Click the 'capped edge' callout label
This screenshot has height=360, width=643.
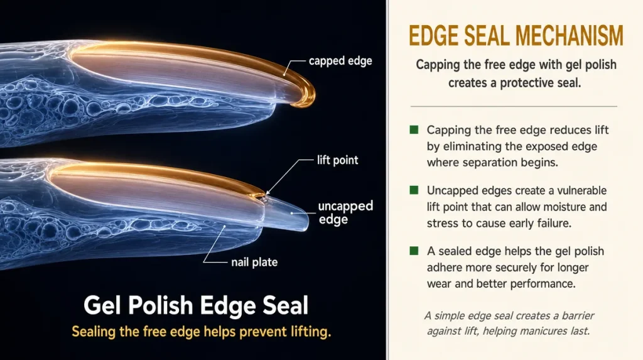click(x=340, y=61)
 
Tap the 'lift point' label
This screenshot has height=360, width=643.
click(x=337, y=160)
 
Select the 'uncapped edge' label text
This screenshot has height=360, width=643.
click(x=346, y=212)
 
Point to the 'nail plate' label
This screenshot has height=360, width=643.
click(x=254, y=262)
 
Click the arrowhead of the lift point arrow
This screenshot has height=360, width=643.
click(x=268, y=192)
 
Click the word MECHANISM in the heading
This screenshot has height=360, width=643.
click(x=569, y=36)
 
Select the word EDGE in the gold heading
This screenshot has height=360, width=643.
click(x=434, y=36)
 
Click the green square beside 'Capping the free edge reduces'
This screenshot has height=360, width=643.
click(x=414, y=130)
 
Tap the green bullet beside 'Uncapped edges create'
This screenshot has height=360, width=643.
click(x=414, y=190)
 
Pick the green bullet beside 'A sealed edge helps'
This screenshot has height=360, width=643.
click(x=414, y=251)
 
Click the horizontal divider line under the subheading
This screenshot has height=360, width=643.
click(x=514, y=106)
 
